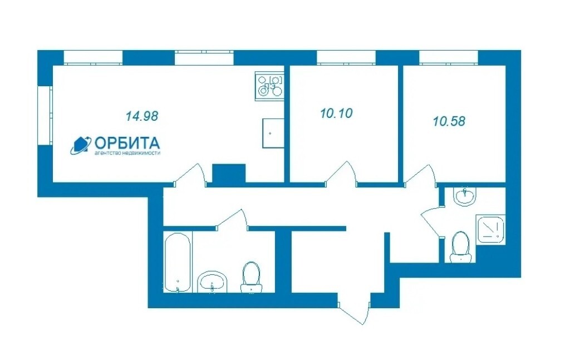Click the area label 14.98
pyautogui.click(x=142, y=116)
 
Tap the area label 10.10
pyautogui.click(x=337, y=114)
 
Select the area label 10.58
pyautogui.click(x=449, y=121)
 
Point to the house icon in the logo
pyautogui.click(x=81, y=145)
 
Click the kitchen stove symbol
pyautogui.click(x=269, y=86)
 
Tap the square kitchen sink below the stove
pyautogui.click(x=273, y=134)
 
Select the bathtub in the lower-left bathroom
pyautogui.click(x=178, y=262)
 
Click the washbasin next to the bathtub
pyautogui.click(x=212, y=282)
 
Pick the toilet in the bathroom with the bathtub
pyautogui.click(x=251, y=277)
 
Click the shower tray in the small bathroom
pyautogui.click(x=490, y=229)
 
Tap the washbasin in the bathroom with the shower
pyautogui.click(x=464, y=196)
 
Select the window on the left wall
pyautogui.click(x=46, y=116)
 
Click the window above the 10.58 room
pyautogui.click(x=449, y=58)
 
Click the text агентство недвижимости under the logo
pyautogui.click(x=127, y=153)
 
